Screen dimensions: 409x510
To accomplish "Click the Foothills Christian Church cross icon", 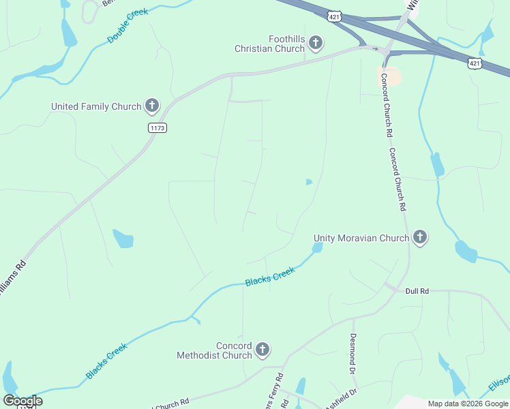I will [x=315, y=44].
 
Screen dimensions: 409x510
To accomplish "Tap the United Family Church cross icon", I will [x=152, y=106].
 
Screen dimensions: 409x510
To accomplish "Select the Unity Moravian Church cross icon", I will [x=420, y=238].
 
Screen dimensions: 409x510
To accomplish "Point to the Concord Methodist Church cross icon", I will [x=262, y=351].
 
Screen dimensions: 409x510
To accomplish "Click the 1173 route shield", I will [x=157, y=127].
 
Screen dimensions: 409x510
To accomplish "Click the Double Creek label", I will [x=127, y=27].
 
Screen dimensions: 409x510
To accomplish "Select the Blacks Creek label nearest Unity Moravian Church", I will [x=270, y=276].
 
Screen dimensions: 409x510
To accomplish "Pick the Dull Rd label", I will [x=417, y=291].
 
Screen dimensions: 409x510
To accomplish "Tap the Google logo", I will [x=22, y=400].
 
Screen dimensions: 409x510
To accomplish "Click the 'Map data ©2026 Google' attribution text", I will [x=468, y=404].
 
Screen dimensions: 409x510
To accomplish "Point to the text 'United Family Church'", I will [x=96, y=106].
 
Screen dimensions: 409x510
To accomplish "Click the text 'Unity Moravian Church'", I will [x=361, y=238].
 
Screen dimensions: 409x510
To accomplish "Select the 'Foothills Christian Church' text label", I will [x=269, y=44].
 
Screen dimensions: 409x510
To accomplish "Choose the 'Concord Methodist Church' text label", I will [x=214, y=351].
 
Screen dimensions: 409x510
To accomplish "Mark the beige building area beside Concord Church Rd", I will [x=389, y=76].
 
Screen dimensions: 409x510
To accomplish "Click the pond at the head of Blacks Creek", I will [x=317, y=248].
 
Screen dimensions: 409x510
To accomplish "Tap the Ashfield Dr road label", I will [x=344, y=397].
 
